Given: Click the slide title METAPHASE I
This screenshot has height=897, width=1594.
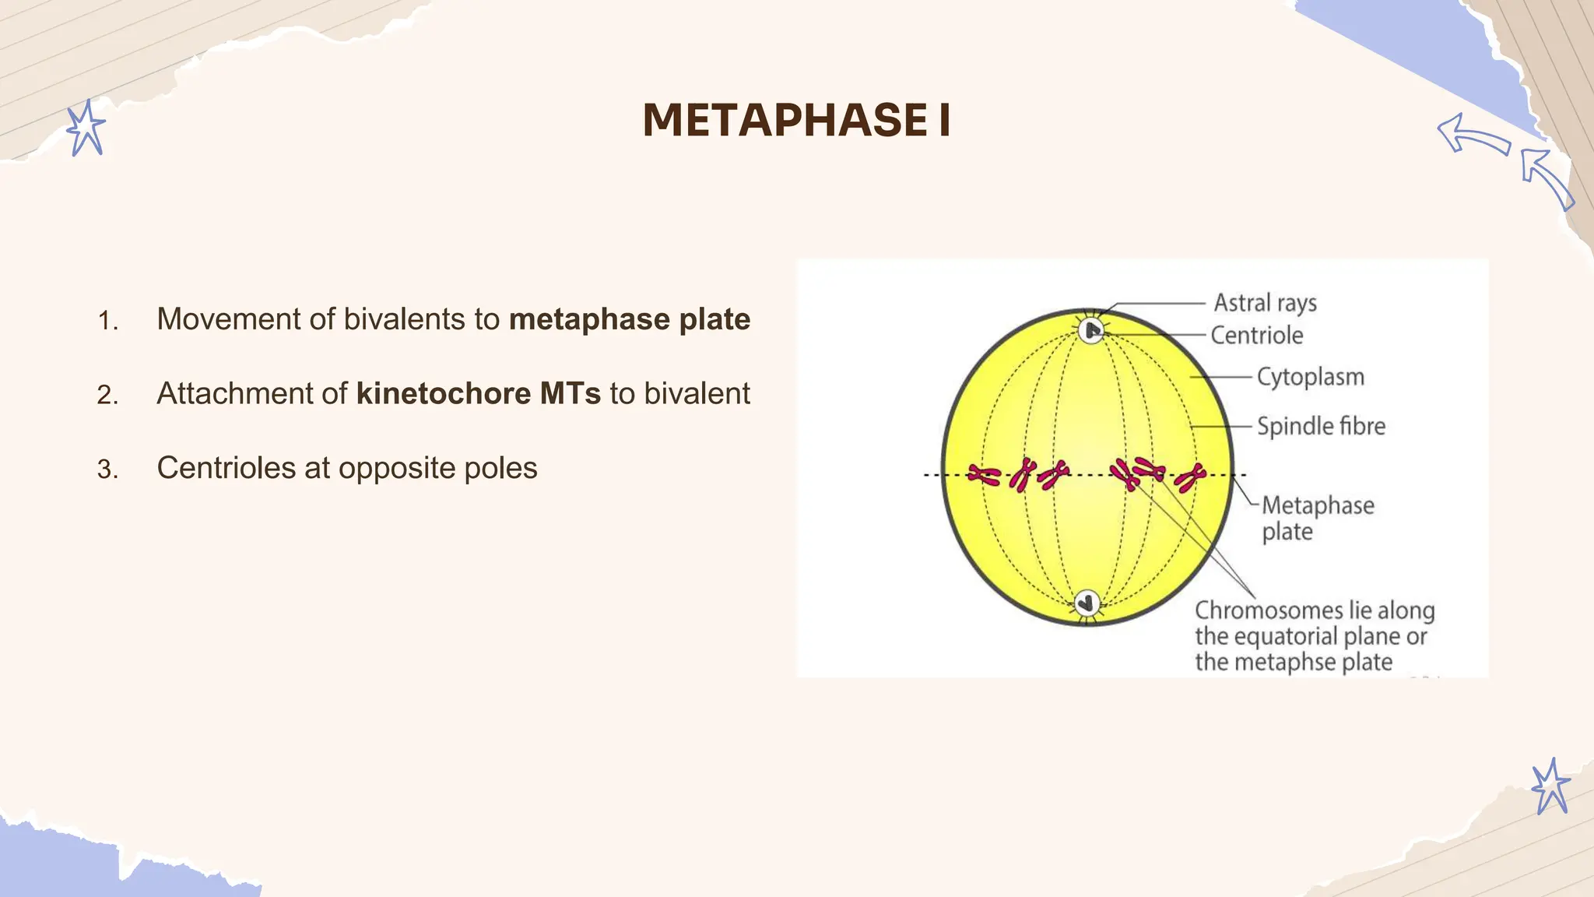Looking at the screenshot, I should (796, 121).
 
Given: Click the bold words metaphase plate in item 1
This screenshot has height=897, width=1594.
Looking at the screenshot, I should (629, 319).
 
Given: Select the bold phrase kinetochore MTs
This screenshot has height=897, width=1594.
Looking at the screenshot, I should (478, 393).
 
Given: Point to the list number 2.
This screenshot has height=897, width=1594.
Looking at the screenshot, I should (107, 396).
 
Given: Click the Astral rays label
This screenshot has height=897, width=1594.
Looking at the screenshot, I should (1265, 302).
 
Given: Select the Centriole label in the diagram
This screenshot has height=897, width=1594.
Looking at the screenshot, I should (1256, 336).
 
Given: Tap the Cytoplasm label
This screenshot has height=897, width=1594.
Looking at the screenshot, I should (1310, 377).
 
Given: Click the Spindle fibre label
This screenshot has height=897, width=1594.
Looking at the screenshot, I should (1321, 426).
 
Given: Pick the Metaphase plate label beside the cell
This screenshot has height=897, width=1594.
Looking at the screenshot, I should (1317, 518).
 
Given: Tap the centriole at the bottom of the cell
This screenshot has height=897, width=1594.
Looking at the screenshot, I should (1087, 603).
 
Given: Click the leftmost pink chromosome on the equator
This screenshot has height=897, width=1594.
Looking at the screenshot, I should (983, 474).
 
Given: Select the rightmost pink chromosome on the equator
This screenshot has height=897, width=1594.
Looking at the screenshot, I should (1190, 477).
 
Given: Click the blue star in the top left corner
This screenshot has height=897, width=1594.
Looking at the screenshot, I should (85, 128).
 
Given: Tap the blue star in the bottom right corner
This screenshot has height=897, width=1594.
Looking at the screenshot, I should (1550, 786).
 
